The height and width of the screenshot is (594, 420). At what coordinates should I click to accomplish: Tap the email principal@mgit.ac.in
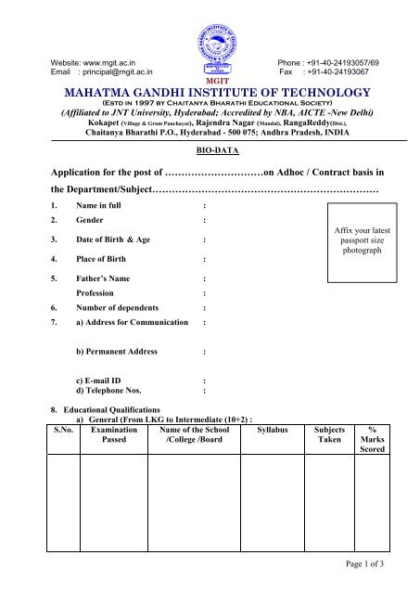pyautogui.click(x=116, y=71)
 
